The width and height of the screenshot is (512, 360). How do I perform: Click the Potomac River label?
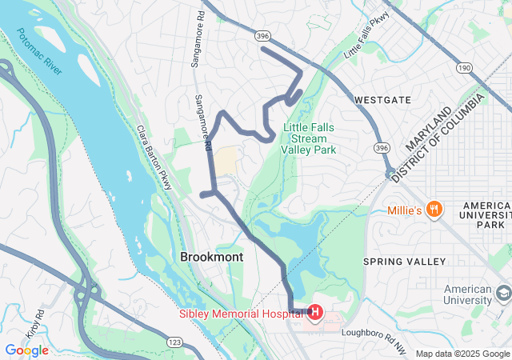click(x=38, y=53)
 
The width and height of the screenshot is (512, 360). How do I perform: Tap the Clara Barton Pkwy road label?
click(x=154, y=152)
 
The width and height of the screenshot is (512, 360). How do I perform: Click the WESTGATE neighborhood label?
click(x=382, y=100)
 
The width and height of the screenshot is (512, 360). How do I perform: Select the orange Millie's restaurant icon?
click(x=434, y=210)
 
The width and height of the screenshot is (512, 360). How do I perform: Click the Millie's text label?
click(x=404, y=210)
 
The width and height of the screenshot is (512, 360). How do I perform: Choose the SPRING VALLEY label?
click(x=404, y=262)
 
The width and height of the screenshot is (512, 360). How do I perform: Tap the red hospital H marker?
click(x=315, y=311)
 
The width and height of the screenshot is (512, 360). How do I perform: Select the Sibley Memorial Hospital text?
click(x=242, y=314)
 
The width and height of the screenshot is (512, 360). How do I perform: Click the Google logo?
click(x=26, y=350)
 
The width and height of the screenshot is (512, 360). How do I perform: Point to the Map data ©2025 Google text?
click(x=462, y=354)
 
